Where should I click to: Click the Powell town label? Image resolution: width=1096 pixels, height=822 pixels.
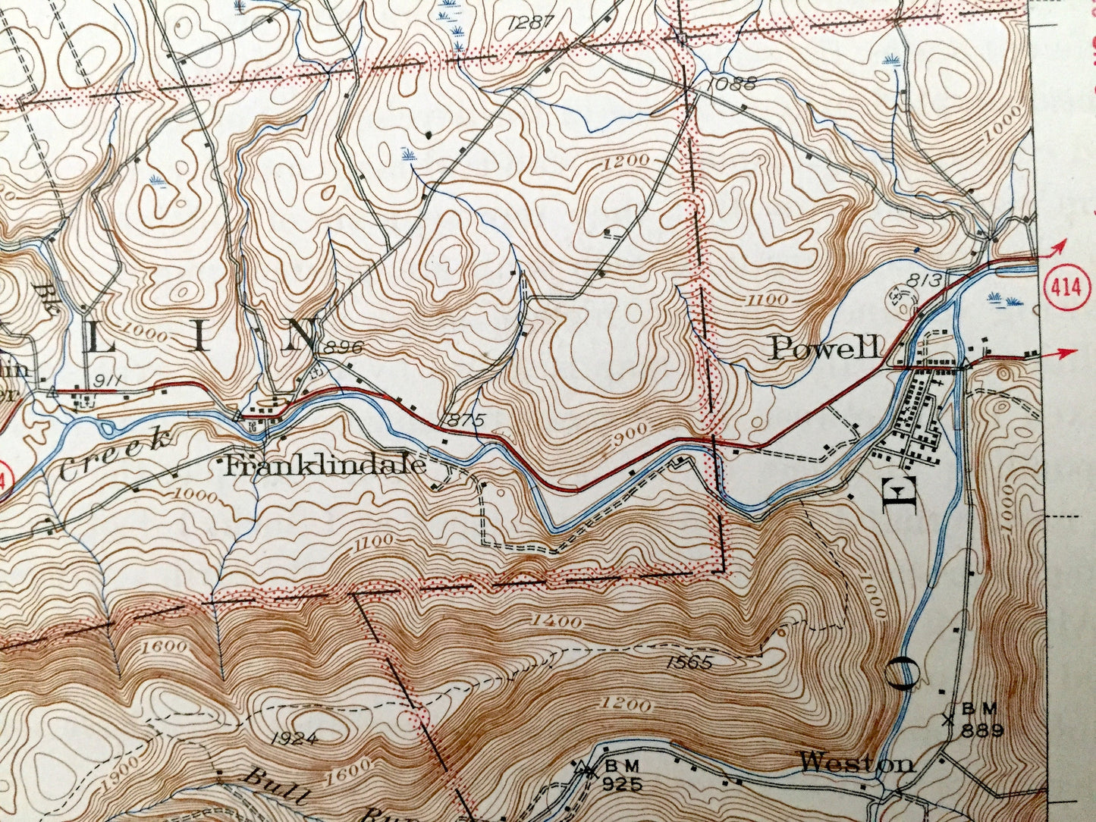[x=826, y=348]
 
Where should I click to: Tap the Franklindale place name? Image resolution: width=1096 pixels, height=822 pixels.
[x=325, y=465]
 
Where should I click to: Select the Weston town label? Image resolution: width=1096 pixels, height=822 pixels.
[x=857, y=762]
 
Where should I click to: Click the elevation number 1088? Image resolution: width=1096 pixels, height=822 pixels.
[x=730, y=84]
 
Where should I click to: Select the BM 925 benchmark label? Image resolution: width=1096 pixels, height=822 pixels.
[x=621, y=773]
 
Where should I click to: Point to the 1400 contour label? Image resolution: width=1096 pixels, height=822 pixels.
[x=557, y=622]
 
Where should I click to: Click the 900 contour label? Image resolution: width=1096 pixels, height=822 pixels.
[x=629, y=431]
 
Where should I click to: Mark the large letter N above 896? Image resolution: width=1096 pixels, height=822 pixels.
[x=300, y=335]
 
